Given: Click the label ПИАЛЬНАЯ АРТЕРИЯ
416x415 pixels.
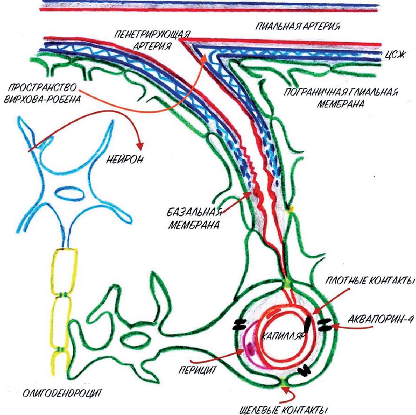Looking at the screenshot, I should (298, 27).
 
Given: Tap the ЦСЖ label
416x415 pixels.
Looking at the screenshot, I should (395, 55).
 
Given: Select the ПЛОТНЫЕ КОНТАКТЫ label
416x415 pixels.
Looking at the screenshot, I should (370, 281).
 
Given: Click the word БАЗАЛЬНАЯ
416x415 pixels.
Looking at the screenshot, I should (194, 212).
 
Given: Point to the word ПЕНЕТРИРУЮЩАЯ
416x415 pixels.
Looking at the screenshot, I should (152, 36).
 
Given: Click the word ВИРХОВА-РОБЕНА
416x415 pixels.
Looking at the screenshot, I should (42, 99).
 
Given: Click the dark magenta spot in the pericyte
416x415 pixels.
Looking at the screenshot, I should (251, 349).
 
